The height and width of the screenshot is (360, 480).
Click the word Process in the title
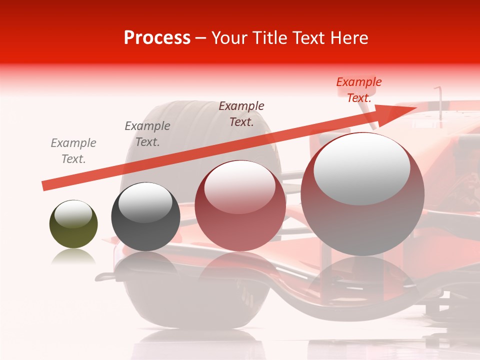(157, 38)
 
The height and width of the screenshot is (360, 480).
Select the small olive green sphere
(73, 224)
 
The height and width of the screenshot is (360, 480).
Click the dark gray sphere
(145, 216)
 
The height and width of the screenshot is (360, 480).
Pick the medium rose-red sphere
(240, 206)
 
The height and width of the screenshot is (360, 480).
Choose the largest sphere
(362, 194)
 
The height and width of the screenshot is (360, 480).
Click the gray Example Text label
(73, 151)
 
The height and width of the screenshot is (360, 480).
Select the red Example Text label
(359, 90)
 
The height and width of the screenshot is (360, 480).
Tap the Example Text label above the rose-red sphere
(241, 113)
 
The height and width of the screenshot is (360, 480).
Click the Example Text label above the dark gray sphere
(147, 134)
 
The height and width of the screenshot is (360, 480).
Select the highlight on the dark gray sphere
(145, 201)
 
